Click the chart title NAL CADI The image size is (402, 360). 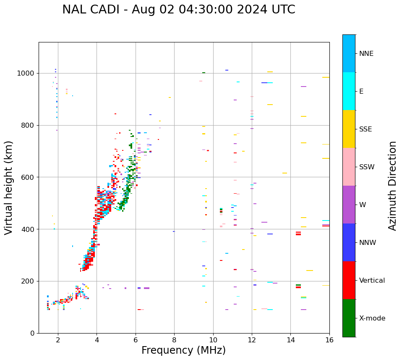[178, 10]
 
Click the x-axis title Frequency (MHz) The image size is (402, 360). [183, 350]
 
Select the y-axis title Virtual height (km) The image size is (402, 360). [9, 187]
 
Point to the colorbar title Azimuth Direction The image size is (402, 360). [392, 186]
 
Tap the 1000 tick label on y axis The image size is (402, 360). [26, 74]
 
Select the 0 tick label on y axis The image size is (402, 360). [33, 333]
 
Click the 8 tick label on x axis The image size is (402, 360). [174, 339]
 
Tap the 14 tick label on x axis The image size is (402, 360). [291, 339]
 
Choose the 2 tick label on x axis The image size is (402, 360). [58, 339]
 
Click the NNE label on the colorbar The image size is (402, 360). [366, 54]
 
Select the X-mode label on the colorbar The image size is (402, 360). [372, 318]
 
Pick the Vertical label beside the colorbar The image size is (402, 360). [372, 281]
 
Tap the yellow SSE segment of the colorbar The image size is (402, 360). [349, 129]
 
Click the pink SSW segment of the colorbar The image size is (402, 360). [349, 167]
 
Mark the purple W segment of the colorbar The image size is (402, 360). [349, 205]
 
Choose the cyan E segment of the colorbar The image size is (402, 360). [349, 91]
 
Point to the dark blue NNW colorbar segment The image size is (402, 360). [349, 242]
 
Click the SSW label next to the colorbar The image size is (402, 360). [367, 167]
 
